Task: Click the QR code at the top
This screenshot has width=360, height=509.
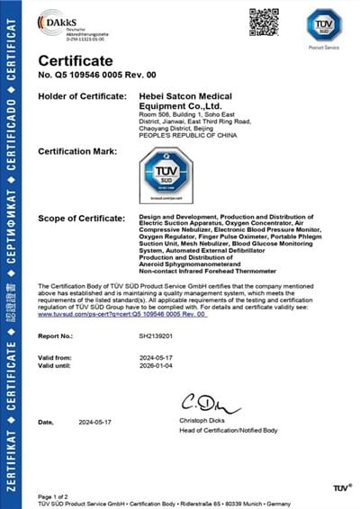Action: (x=263, y=22)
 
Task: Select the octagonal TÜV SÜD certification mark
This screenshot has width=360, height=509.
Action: (x=166, y=174)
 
